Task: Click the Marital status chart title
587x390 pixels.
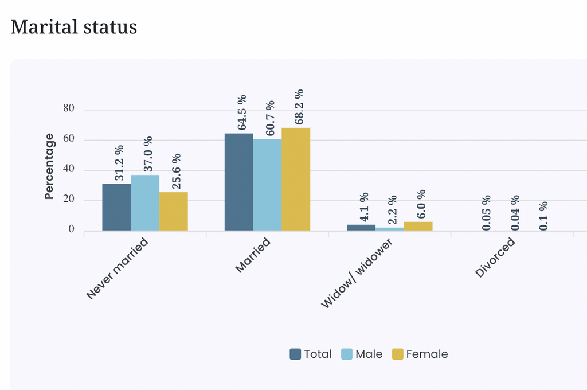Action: point(74,28)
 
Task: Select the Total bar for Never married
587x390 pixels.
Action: point(116,207)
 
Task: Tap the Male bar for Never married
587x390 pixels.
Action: point(145,202)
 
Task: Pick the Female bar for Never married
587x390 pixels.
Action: point(173,211)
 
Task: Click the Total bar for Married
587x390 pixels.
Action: point(239,182)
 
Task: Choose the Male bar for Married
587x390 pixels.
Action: point(267,185)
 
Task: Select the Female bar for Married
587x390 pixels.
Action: point(296,179)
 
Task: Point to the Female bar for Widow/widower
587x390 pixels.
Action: point(418,227)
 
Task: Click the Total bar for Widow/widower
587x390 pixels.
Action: point(361,228)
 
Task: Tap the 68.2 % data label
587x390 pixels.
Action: point(299,107)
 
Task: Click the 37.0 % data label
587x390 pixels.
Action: point(148,154)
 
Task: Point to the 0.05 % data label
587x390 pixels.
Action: point(486,213)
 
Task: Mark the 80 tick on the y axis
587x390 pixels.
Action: point(69,108)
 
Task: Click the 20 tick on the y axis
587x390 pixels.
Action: point(69,199)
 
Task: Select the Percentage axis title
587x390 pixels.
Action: point(49,166)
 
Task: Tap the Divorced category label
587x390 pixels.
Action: point(495,258)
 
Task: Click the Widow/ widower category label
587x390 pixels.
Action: point(357,273)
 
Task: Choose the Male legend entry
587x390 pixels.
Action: point(362,354)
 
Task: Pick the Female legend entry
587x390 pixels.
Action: point(420,354)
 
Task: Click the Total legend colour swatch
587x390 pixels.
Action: point(295,354)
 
